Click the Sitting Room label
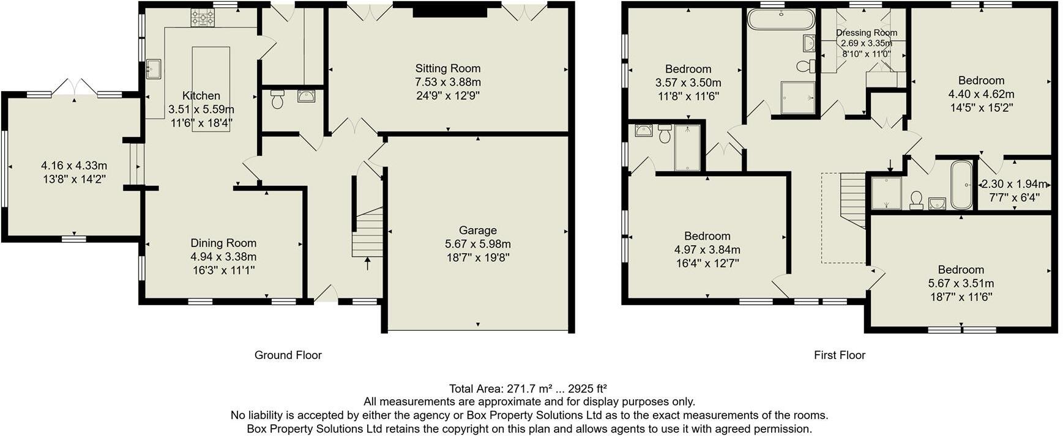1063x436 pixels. tap(447, 68)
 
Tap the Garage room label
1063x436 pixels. tap(477, 231)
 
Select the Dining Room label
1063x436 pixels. tap(223, 243)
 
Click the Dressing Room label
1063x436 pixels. tap(867, 33)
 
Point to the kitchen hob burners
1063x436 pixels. tap(203, 17)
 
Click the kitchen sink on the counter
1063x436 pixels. tap(153, 69)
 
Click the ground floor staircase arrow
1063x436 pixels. tap(367, 264)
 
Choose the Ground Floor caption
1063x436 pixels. tap(288, 355)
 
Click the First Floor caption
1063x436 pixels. tap(839, 355)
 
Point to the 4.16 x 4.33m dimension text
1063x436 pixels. tap(74, 166)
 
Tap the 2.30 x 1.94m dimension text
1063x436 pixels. tap(1014, 184)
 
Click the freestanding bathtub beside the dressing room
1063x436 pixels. tap(781, 20)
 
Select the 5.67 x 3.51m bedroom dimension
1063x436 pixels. tap(961, 284)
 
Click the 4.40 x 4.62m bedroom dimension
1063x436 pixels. tap(981, 95)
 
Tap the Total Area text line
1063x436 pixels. tap(528, 389)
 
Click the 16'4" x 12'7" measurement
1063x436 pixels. tap(707, 264)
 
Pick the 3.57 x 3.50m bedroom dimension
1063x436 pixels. tap(688, 83)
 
